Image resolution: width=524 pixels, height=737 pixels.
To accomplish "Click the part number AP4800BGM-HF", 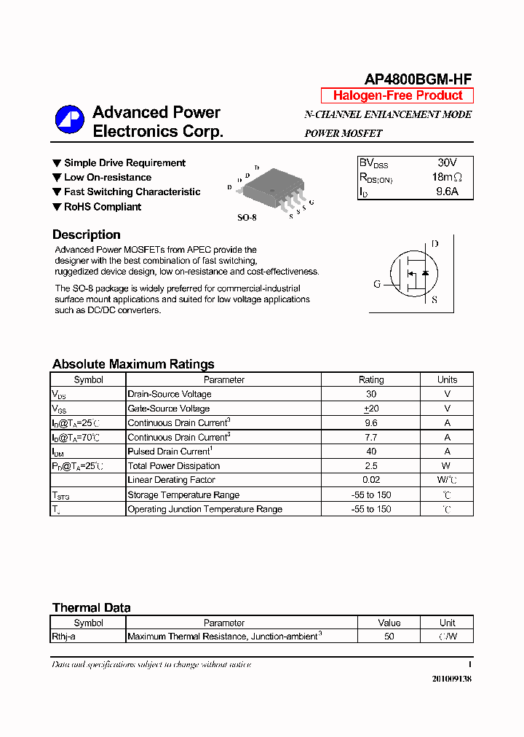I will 418,80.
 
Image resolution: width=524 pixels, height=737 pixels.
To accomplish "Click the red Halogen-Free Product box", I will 397,95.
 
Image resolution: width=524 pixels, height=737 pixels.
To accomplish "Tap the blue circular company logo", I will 70,120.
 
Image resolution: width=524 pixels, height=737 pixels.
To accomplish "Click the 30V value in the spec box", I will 447,162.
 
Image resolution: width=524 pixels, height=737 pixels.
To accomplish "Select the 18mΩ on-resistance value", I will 447,177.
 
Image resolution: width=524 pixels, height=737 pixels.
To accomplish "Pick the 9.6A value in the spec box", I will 447,192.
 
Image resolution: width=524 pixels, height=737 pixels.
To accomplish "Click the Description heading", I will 87,234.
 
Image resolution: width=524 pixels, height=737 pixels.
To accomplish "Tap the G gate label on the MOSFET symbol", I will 377,284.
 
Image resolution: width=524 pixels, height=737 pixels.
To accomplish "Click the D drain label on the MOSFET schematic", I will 434,244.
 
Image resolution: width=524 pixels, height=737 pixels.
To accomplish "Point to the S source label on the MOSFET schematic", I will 434,299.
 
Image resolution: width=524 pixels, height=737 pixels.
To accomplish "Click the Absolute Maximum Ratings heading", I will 133,364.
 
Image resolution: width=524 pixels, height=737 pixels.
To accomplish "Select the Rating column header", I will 371,379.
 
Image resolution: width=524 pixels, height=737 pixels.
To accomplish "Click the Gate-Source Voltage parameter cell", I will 169,409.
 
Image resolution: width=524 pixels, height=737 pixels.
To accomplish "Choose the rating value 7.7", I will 370,437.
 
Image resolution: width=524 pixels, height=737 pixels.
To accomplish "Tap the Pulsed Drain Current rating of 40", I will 370,452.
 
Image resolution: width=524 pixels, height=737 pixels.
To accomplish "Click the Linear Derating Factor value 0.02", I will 370,480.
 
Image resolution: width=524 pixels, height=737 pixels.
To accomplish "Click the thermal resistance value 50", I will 389,636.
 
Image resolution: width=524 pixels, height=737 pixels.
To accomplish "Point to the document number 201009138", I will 451,679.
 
